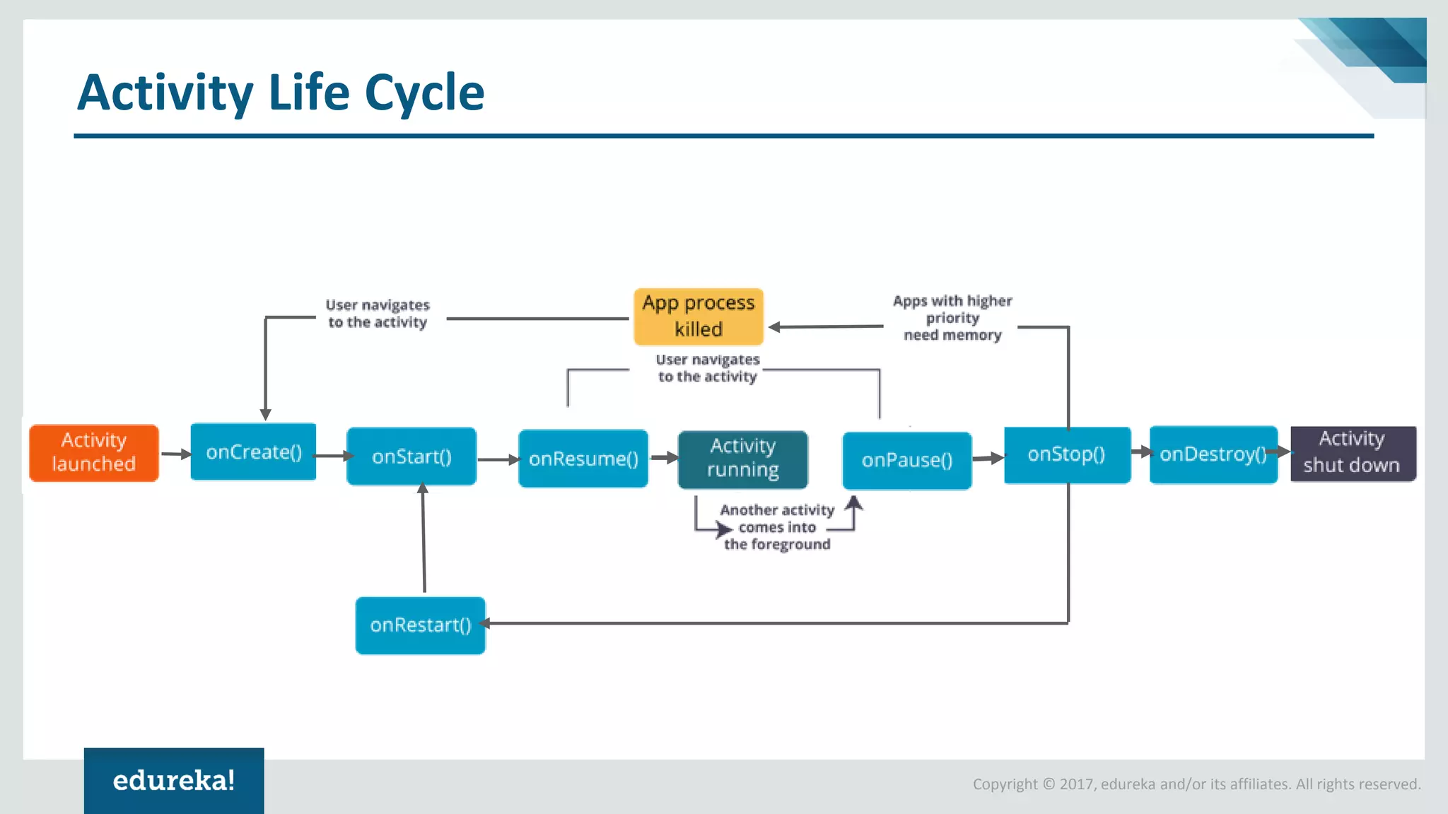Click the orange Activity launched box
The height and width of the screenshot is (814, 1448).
click(x=94, y=453)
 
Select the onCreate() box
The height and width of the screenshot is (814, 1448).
click(x=253, y=452)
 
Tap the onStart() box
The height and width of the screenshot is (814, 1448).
click(x=411, y=456)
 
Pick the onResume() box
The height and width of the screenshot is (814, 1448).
click(x=583, y=459)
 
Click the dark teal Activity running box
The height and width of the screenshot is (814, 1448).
click(x=742, y=459)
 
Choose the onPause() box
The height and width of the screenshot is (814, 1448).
click(x=907, y=461)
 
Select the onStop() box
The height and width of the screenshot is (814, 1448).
click(x=1067, y=454)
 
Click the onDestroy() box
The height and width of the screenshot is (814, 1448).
click(x=1213, y=454)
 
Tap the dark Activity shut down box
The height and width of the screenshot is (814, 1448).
click(x=1353, y=453)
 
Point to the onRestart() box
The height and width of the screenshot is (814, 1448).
click(x=421, y=625)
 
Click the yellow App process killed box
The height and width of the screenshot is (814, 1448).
click(x=699, y=317)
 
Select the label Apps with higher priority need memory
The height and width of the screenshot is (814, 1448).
click(x=952, y=318)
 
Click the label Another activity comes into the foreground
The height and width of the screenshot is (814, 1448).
click(x=777, y=527)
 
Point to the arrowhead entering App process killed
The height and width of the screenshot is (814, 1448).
click(x=775, y=327)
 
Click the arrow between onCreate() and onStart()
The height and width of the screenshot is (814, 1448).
click(x=332, y=456)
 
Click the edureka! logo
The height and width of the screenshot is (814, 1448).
click(x=174, y=781)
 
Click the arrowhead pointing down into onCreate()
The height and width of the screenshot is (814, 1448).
click(x=266, y=414)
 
